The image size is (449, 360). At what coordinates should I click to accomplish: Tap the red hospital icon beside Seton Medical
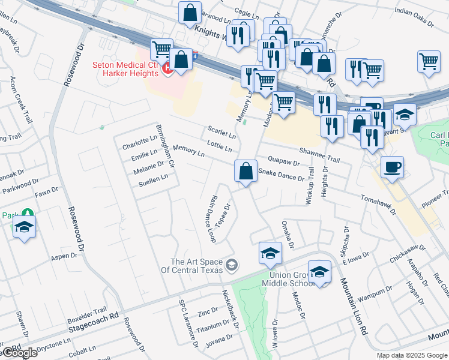point(168,70)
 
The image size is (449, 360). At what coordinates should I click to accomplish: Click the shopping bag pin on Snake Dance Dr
point(246,172)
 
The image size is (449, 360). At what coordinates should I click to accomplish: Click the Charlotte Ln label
point(139,144)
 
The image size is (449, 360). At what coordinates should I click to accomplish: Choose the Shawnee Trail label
point(319,155)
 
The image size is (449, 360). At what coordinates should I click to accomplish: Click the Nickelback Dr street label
point(231,314)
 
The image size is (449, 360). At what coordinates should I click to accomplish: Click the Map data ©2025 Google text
point(412,355)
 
